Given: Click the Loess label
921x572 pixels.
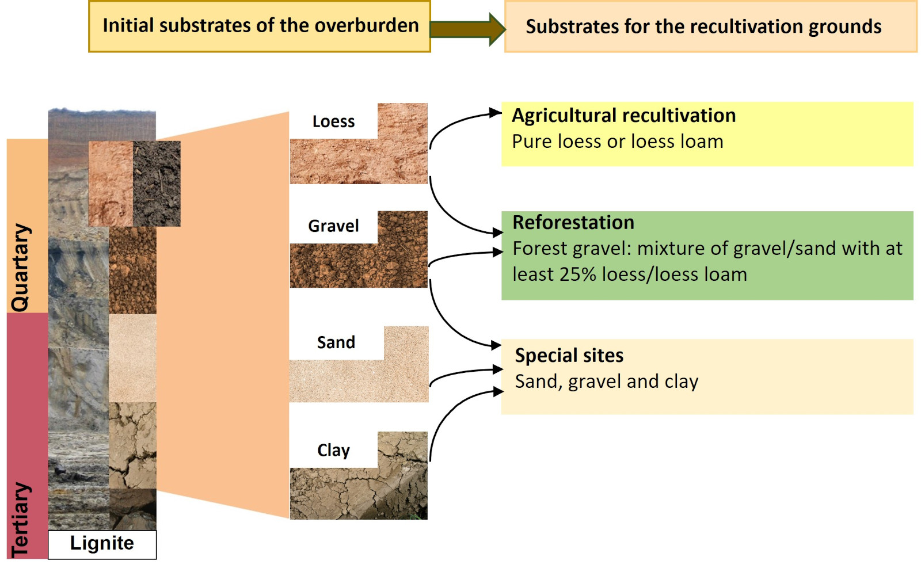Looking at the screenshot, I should [333, 121].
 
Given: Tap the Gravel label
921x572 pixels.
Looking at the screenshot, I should [333, 226].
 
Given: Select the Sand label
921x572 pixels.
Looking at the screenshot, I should [336, 342].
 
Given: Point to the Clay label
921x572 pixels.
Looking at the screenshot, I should [333, 450].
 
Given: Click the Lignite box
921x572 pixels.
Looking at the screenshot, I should [102, 544].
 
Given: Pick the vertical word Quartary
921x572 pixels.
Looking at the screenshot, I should [21, 268].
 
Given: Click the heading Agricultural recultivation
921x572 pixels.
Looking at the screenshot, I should [624, 116].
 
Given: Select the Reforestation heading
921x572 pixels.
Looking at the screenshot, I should [573, 223].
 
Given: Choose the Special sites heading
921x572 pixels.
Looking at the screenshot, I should [569, 356].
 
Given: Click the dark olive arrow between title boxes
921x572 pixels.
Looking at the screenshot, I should [467, 29].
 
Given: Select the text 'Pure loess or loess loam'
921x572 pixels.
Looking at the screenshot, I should [617, 142].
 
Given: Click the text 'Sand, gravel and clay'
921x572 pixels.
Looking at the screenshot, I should [606, 382].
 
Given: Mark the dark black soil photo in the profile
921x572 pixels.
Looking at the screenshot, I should [157, 184].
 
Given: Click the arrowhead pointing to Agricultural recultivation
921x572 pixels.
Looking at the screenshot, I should [496, 113].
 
